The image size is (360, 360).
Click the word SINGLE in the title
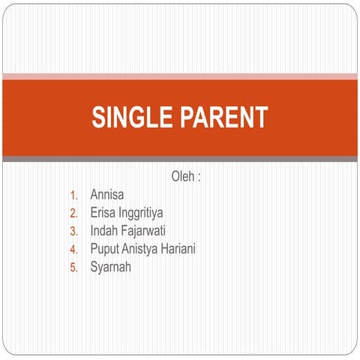tap(130, 117)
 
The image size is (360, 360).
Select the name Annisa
tap(107, 196)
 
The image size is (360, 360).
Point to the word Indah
tap(104, 231)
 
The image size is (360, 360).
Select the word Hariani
tap(181, 249)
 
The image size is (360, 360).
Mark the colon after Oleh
tap(199, 178)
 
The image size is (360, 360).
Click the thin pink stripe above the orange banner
tap(180, 76)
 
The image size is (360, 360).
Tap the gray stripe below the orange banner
tap(180, 159)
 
